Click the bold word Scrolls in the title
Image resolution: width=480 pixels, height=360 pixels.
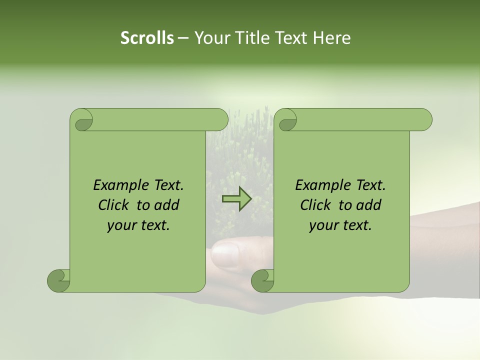[147, 38]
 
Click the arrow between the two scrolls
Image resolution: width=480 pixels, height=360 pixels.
[236, 199]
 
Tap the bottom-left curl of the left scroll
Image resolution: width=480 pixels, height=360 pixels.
[59, 280]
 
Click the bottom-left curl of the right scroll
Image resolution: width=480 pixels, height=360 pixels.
[263, 280]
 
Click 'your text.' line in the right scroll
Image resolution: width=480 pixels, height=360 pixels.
[340, 225]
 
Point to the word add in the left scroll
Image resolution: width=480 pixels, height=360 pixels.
[167, 205]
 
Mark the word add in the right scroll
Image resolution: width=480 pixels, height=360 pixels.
[369, 205]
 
